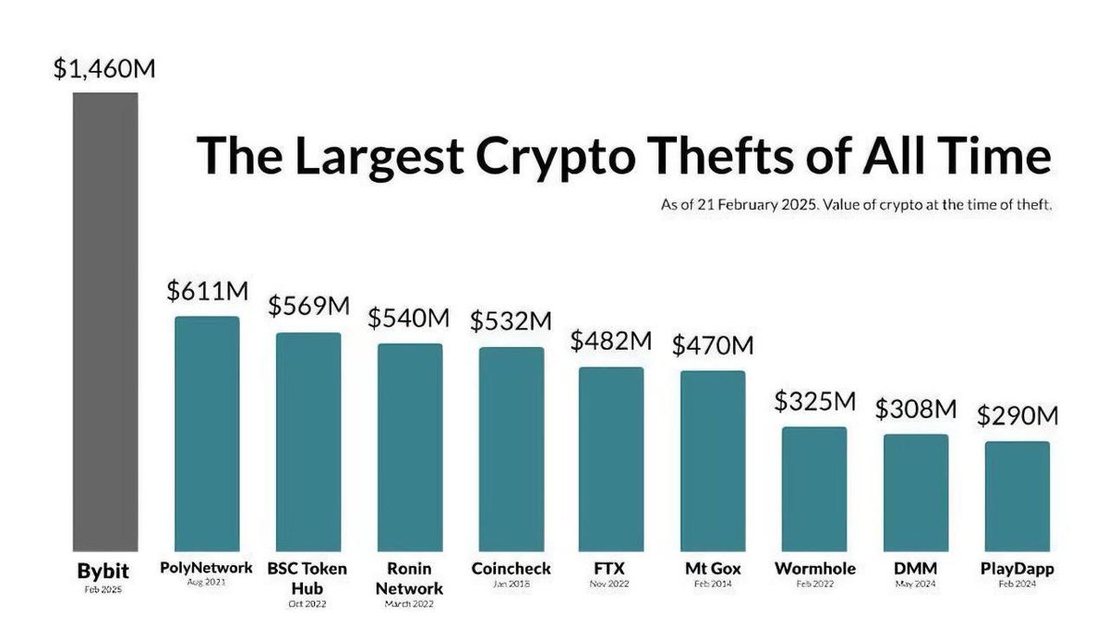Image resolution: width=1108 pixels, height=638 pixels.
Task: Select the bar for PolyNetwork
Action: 207,434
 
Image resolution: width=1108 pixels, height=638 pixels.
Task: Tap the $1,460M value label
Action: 103,70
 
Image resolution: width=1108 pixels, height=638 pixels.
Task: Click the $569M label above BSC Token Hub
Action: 308,307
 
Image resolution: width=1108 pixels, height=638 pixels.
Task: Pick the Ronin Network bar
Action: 409,448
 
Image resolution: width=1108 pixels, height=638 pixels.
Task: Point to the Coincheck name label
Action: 511,569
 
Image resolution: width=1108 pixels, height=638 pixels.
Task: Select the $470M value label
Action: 712,345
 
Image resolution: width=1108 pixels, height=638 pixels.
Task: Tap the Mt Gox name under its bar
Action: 712,569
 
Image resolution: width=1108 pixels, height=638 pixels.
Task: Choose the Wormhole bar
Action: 813,489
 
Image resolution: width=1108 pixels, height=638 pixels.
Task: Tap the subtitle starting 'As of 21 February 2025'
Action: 856,205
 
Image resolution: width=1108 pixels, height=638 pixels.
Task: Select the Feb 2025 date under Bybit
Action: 104,588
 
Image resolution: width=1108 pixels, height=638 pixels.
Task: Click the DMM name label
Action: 915,569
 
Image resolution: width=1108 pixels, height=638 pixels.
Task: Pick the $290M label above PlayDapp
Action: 1017,415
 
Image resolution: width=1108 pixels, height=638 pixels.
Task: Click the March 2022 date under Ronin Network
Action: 409,606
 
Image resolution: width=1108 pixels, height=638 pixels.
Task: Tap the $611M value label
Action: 207,291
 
